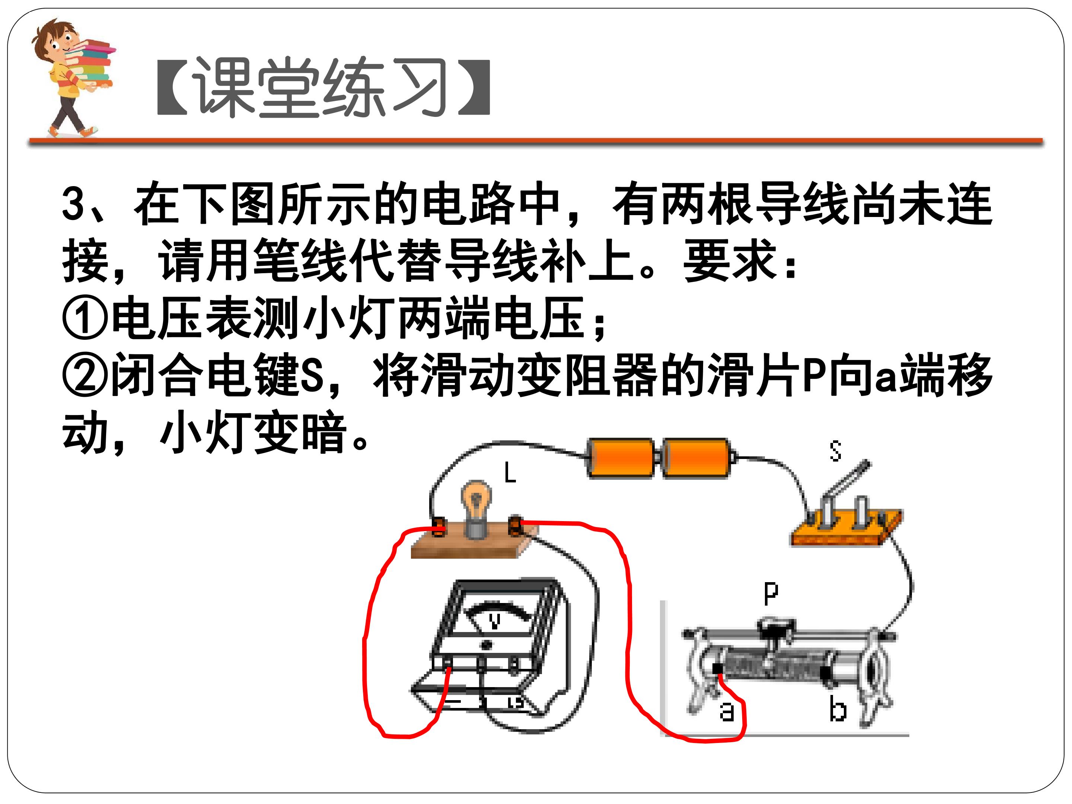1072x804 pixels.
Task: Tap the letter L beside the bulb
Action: coord(510,472)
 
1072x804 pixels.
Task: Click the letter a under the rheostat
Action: coord(727,711)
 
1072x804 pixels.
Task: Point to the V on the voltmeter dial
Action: coord(494,621)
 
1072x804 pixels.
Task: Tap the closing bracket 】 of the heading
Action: coord(474,87)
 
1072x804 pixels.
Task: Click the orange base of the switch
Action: coord(846,529)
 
